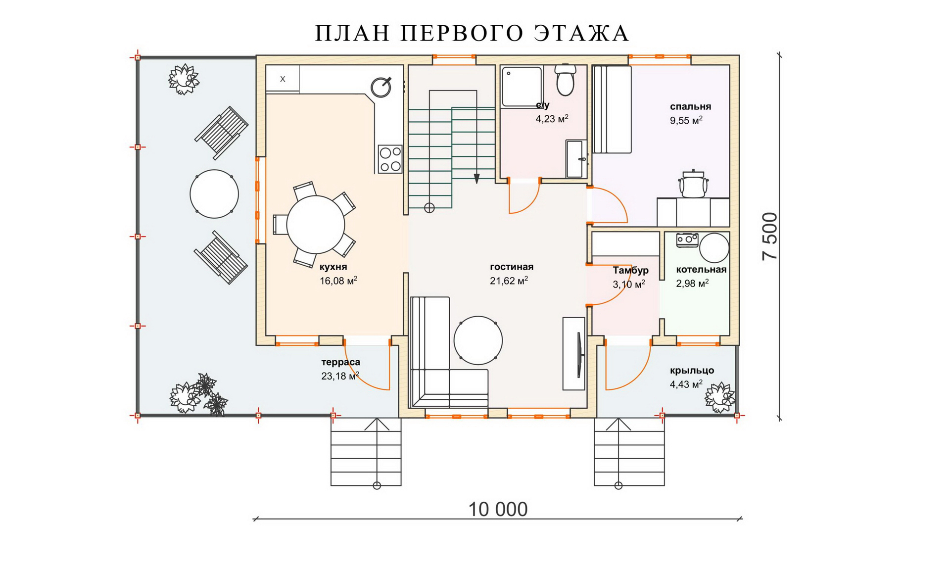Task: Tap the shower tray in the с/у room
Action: click(x=522, y=87)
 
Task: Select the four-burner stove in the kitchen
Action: click(x=390, y=159)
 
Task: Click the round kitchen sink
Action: click(x=381, y=87)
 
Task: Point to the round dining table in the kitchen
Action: click(x=316, y=225)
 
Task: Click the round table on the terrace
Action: click(x=214, y=194)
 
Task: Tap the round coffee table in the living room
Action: click(x=478, y=340)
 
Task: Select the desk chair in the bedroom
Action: click(x=693, y=184)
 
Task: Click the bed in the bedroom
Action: click(x=612, y=109)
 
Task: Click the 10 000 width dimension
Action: click(x=498, y=509)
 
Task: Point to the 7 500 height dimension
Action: click(x=770, y=236)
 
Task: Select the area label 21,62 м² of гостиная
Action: click(x=509, y=281)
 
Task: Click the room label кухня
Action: click(x=333, y=267)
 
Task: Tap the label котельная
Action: click(x=701, y=270)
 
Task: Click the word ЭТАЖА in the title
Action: click(x=582, y=33)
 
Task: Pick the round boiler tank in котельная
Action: click(x=714, y=247)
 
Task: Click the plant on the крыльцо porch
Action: click(x=720, y=397)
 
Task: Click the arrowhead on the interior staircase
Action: click(x=476, y=178)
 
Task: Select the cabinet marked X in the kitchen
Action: click(x=283, y=79)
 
